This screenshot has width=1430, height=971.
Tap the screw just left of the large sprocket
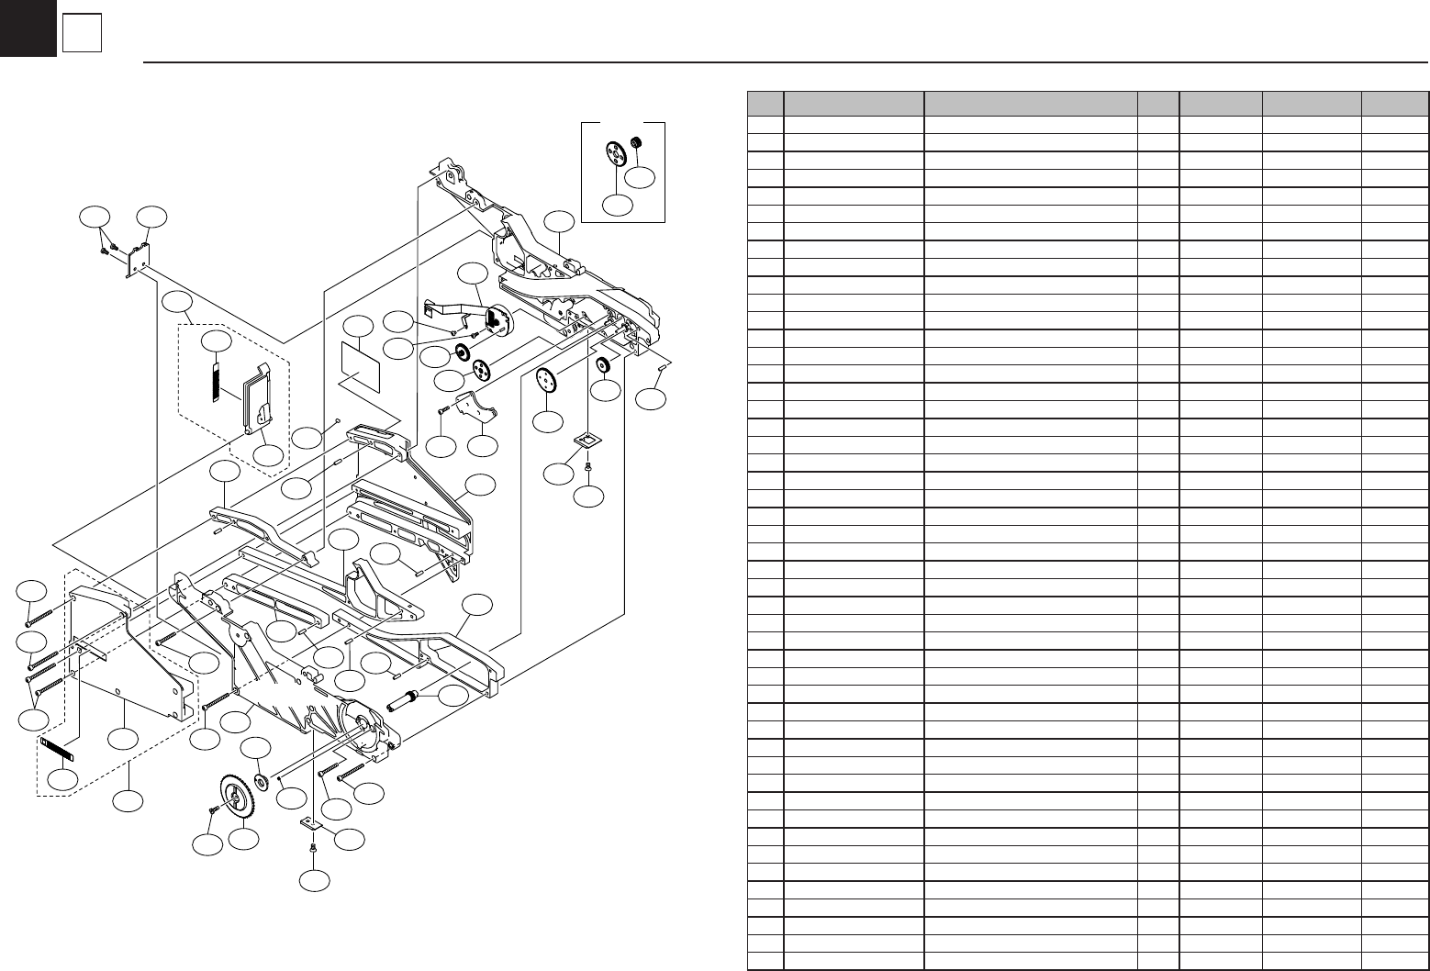213,810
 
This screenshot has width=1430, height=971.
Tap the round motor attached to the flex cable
497,320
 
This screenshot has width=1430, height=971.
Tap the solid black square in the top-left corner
28,28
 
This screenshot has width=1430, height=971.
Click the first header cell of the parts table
765,103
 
